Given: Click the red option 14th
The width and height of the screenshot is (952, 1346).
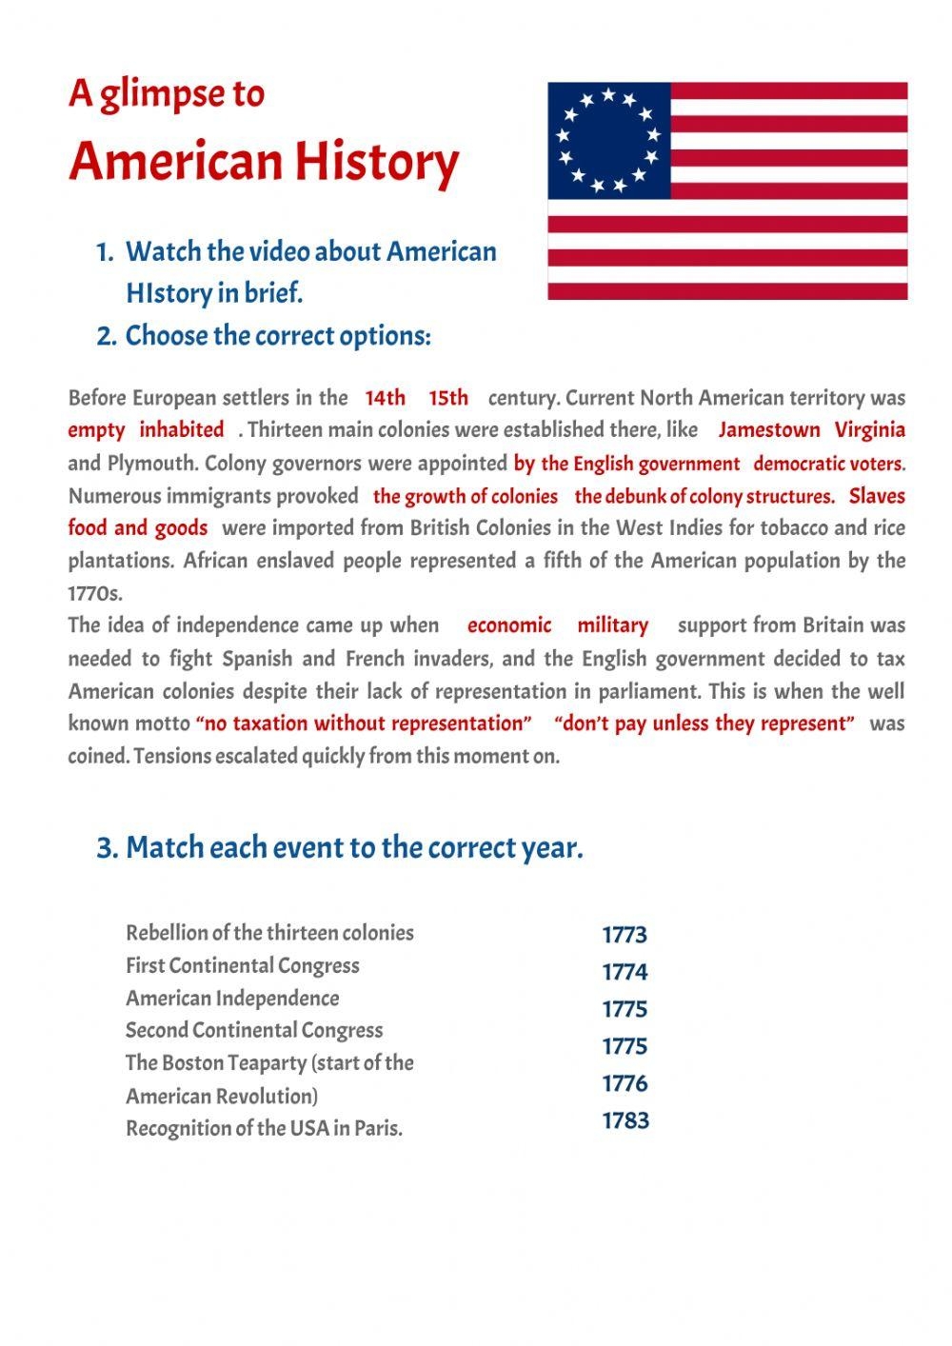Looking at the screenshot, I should point(385,398).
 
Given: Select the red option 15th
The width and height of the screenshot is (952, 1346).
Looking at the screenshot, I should point(448,398).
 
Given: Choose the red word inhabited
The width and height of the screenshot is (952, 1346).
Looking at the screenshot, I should point(182,430).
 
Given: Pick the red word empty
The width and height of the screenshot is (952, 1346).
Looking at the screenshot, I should point(96,430).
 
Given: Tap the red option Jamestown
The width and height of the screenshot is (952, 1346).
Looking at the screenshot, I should point(769,430).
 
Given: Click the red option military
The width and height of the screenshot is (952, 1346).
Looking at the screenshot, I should point(612,625).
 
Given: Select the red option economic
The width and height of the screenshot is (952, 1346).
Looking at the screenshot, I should point(509,625).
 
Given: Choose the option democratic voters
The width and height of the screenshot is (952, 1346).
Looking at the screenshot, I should point(828,465).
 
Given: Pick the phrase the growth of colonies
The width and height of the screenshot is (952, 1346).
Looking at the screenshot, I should point(466,496).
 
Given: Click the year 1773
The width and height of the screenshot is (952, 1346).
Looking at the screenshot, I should point(625,935).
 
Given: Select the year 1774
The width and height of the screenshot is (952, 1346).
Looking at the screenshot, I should point(625,972).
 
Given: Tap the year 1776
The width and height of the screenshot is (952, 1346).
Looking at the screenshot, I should point(625,1083).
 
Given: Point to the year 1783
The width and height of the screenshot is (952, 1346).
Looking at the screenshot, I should point(625,1120).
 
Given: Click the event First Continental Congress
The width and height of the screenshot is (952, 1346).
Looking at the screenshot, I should point(243,965).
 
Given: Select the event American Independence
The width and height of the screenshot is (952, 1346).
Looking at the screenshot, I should point(232,999).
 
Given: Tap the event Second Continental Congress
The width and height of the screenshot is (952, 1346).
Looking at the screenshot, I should point(254,1030).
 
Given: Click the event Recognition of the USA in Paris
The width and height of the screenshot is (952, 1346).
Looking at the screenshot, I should point(265,1129).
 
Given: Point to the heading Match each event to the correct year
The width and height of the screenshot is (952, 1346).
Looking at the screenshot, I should point(340,847).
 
